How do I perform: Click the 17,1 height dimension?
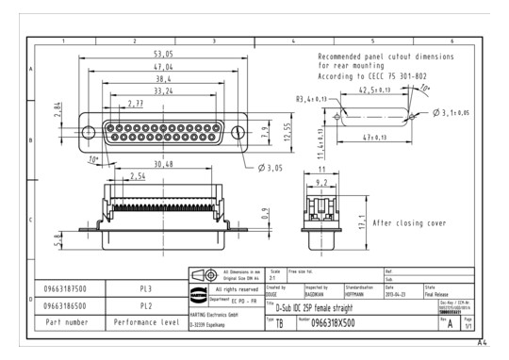click(x=362, y=224)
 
